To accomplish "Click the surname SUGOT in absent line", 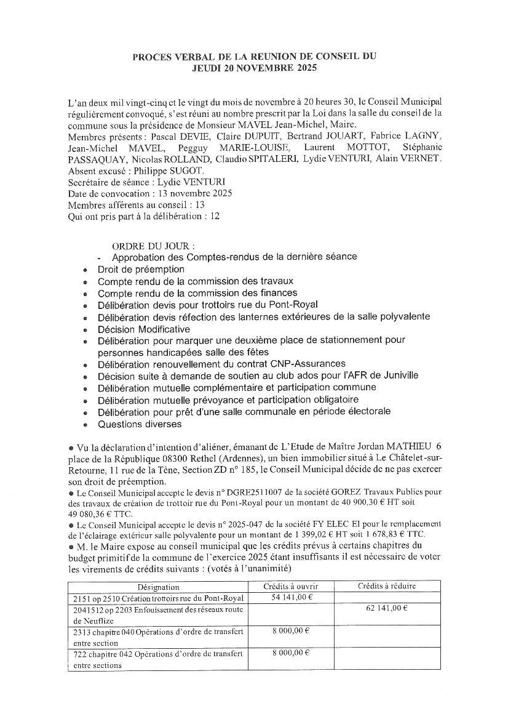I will pyautogui.click(x=197, y=170).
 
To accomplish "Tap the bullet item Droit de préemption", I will pyautogui.click(x=141, y=269).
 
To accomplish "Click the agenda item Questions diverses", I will pyautogui.click(x=140, y=424).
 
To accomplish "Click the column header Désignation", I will pyautogui.click(x=159, y=587).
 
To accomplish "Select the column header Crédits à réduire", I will pyautogui.click(x=387, y=586).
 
